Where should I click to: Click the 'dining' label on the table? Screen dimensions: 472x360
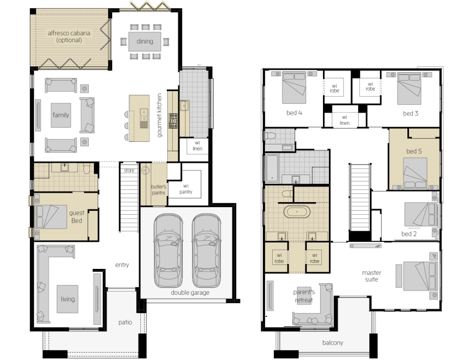pyautogui.click(x=145, y=41)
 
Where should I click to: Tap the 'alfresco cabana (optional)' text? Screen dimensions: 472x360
pyautogui.click(x=69, y=36)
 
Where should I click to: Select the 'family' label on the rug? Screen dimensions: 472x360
pyautogui.click(x=61, y=115)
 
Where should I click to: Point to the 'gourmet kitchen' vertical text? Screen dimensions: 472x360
pyautogui.click(x=159, y=115)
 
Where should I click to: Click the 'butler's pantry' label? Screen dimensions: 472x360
pyautogui.click(x=158, y=189)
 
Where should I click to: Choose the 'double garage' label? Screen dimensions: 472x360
pyautogui.click(x=190, y=292)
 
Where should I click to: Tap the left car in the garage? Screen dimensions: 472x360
pyautogui.click(x=168, y=251)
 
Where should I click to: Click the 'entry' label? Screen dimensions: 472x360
pyautogui.click(x=122, y=265)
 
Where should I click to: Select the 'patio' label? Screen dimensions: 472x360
pyautogui.click(x=125, y=322)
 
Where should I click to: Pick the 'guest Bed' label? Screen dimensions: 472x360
pyautogui.click(x=77, y=217)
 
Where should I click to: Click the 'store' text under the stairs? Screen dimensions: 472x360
pyautogui.click(x=129, y=171)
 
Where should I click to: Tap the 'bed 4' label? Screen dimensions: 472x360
pyautogui.click(x=294, y=113)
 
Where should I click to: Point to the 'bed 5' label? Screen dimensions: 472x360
pyautogui.click(x=414, y=151)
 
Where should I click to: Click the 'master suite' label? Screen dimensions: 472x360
pyautogui.click(x=372, y=276)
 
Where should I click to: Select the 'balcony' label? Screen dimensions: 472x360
pyautogui.click(x=333, y=342)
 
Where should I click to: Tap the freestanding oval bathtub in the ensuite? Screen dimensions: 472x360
pyautogui.click(x=297, y=212)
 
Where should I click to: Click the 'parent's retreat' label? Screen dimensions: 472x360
pyautogui.click(x=304, y=296)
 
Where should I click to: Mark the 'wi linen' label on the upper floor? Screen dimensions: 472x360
pyautogui.click(x=344, y=120)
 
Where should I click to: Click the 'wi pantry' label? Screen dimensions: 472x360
pyautogui.click(x=185, y=189)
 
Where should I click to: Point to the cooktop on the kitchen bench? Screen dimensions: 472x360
pyautogui.click(x=173, y=121)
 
